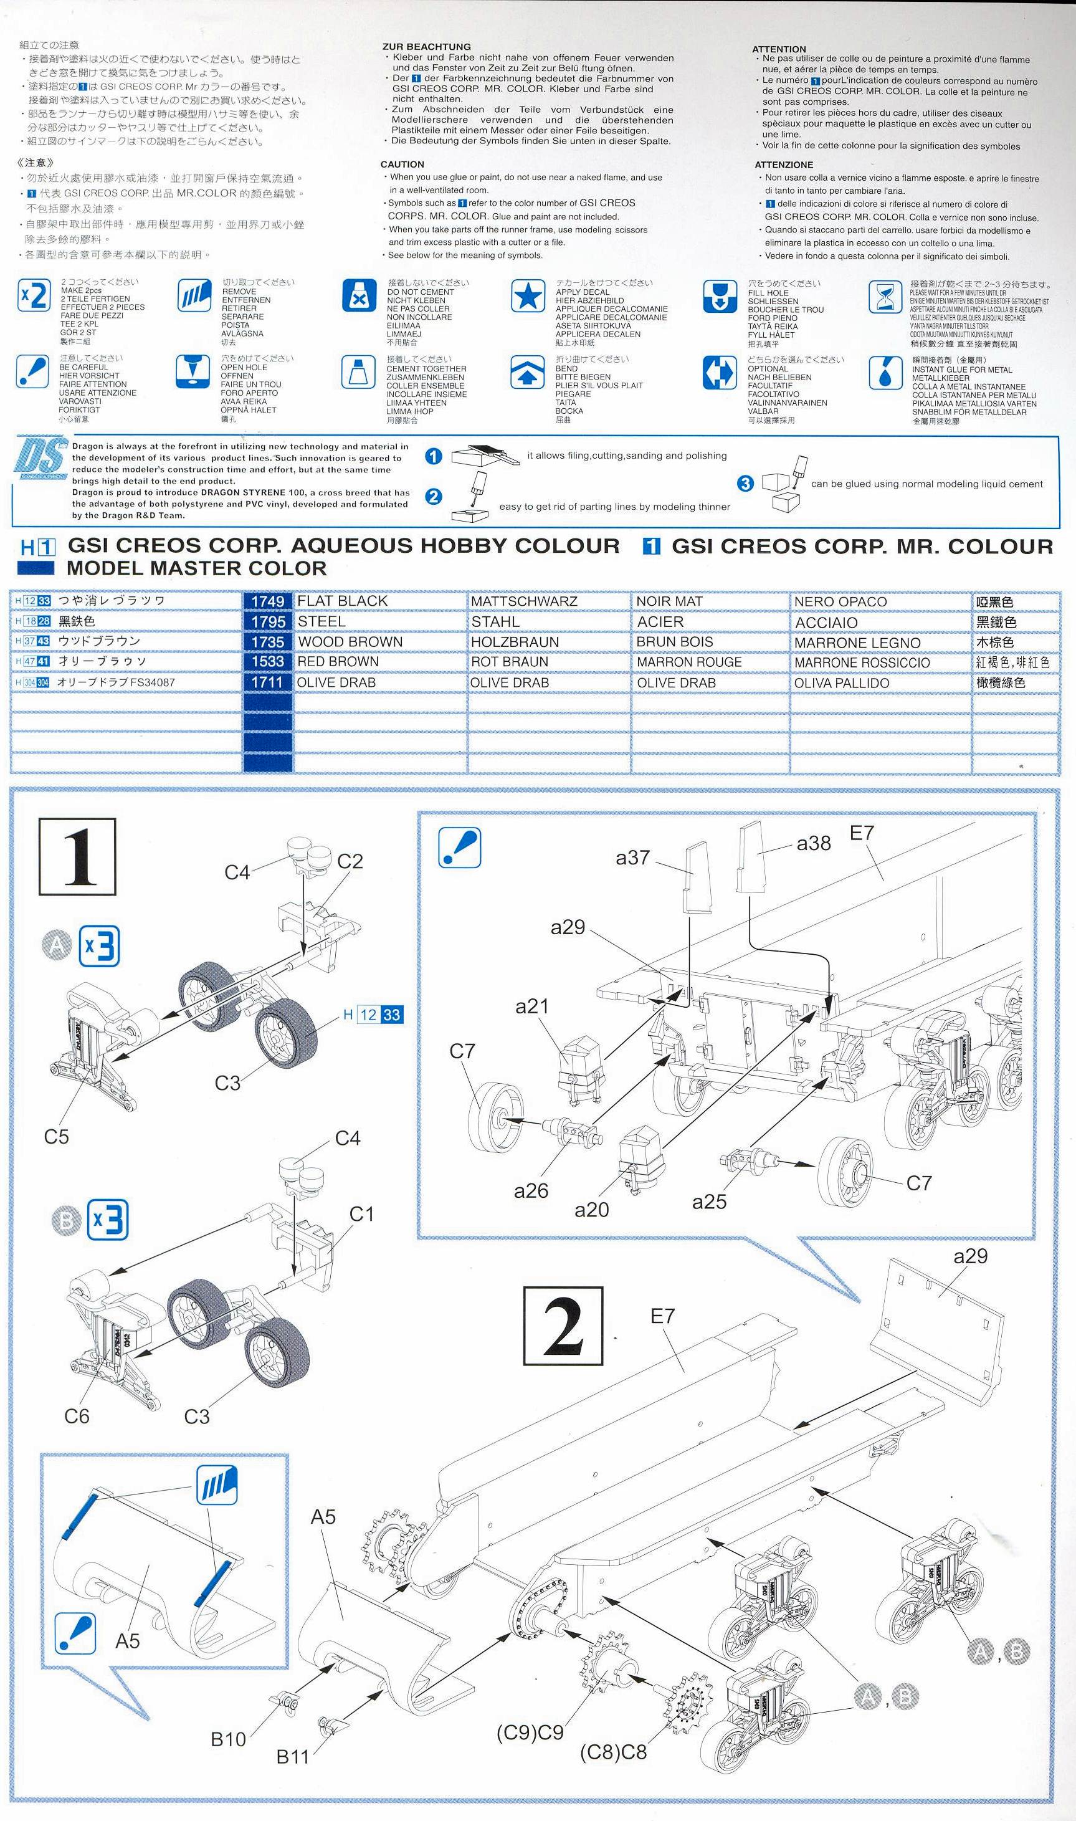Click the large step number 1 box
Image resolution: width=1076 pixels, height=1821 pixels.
78,856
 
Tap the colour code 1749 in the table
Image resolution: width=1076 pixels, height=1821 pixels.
267,601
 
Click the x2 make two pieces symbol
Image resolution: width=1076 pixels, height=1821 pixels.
34,295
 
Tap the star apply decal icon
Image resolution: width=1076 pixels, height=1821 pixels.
528,296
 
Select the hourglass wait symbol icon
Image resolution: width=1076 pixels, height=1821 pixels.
885,296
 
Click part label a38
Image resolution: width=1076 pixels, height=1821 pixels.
814,843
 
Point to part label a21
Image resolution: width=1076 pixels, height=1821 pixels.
532,1006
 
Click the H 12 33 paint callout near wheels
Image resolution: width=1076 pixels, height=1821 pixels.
373,1015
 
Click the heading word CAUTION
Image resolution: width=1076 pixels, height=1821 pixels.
402,165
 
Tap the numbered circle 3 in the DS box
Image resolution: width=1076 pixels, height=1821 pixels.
745,483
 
